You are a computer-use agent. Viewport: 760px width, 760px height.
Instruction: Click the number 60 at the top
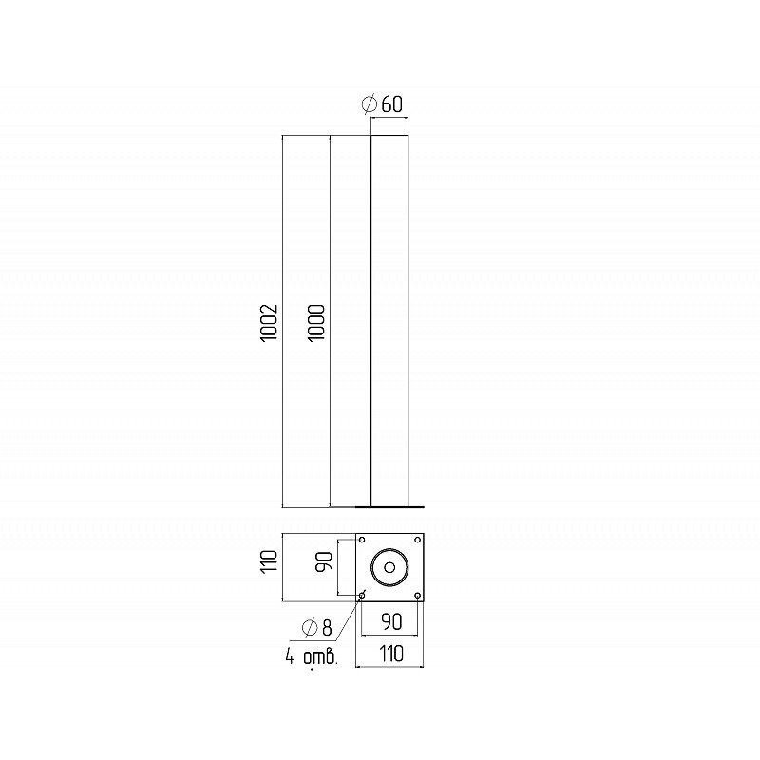[x=392, y=104]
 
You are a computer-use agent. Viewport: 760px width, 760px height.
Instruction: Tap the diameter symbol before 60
[x=370, y=104]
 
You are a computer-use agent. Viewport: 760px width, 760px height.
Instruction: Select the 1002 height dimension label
[x=269, y=323]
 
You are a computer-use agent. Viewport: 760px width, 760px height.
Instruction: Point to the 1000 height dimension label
[x=316, y=322]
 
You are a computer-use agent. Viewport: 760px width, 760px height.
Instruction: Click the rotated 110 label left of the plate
[x=269, y=561]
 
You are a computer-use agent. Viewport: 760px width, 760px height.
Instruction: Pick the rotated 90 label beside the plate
[x=325, y=561]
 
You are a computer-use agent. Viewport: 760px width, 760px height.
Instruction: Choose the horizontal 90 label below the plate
[x=391, y=622]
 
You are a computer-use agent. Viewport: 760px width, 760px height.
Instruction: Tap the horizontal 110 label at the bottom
[x=391, y=654]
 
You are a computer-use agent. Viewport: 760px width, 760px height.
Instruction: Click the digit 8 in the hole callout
[x=327, y=628]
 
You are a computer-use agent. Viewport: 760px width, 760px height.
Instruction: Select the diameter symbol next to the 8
[x=310, y=627]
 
